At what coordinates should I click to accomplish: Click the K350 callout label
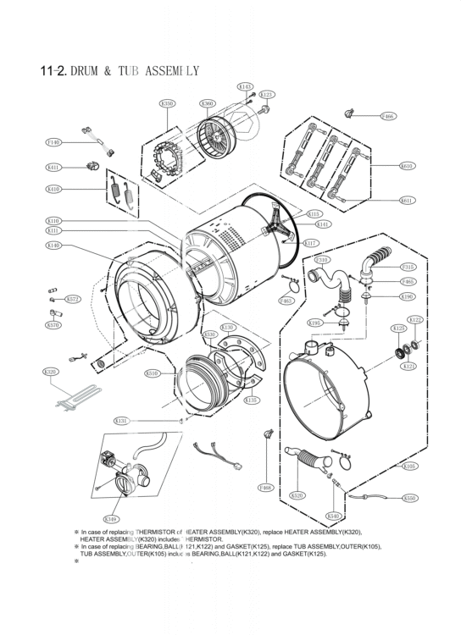[x=168, y=103]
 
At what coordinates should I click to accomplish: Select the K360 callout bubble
[x=208, y=103]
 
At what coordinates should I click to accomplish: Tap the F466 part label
[x=387, y=116]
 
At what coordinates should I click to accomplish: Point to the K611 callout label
[x=407, y=201]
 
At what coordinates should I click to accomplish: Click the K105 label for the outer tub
[x=409, y=466]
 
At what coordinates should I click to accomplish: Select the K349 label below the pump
[x=110, y=518]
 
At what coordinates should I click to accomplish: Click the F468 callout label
[x=265, y=488]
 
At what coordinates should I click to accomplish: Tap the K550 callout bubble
[x=410, y=499]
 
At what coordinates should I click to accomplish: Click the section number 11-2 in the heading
[x=53, y=71]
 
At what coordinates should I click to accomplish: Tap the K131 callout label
[x=121, y=420]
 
